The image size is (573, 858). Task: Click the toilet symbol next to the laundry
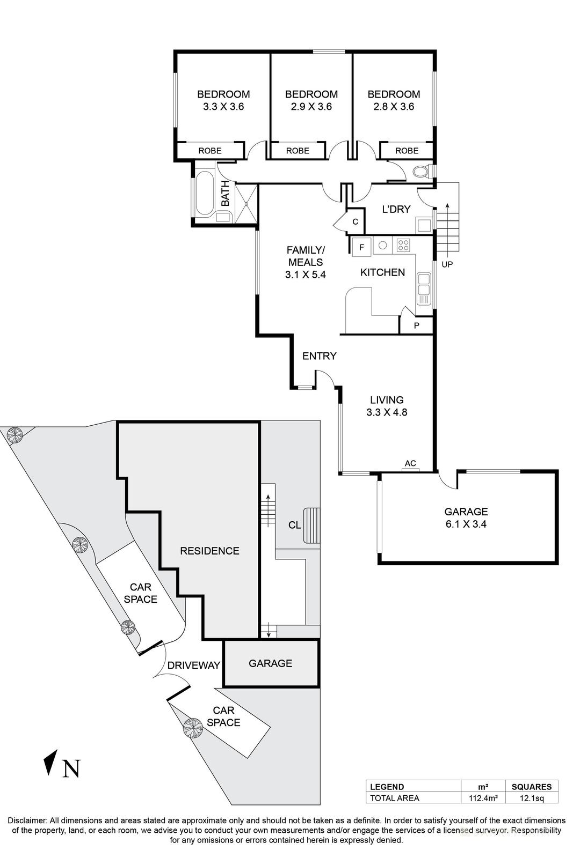pyautogui.click(x=421, y=172)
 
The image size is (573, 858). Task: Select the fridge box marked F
pyautogui.click(x=361, y=247)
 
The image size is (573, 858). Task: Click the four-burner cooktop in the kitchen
pyautogui.click(x=403, y=246)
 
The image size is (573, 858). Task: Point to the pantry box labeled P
pyautogui.click(x=416, y=326)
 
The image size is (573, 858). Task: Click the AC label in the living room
pyautogui.click(x=410, y=463)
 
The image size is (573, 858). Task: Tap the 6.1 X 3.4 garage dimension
pyautogui.click(x=466, y=524)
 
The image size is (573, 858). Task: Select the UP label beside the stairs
pyautogui.click(x=447, y=264)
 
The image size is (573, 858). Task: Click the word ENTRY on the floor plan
pyautogui.click(x=319, y=356)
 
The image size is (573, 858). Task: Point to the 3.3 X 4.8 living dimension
pyautogui.click(x=387, y=412)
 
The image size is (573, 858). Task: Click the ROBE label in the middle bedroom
pyautogui.click(x=297, y=151)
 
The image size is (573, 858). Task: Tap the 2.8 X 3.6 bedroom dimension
pyautogui.click(x=394, y=107)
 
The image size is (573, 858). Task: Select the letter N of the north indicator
pyautogui.click(x=71, y=768)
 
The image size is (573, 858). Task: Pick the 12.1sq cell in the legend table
pyautogui.click(x=531, y=798)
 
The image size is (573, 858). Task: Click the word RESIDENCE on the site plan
pyautogui.click(x=209, y=551)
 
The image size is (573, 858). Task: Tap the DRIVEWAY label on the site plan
pyautogui.click(x=193, y=665)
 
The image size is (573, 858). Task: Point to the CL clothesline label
pyautogui.click(x=294, y=525)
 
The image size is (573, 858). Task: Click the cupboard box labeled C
pyautogui.click(x=355, y=222)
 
